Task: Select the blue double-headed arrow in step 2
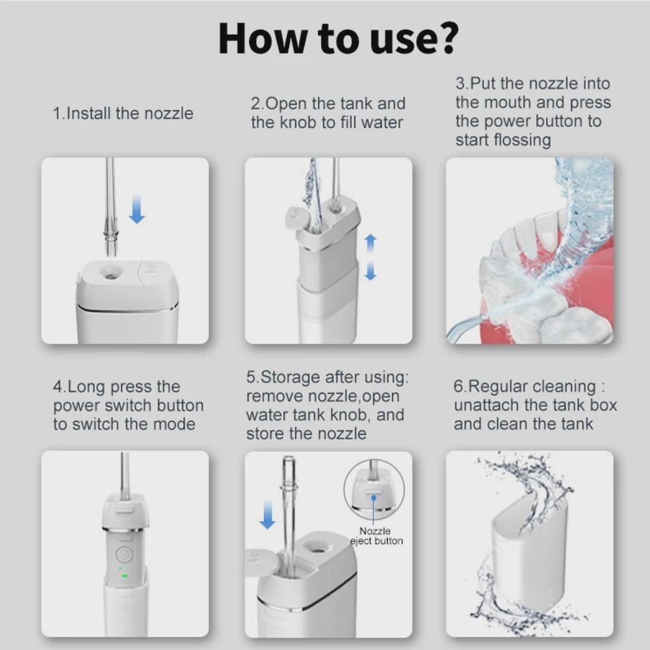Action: [x=370, y=257]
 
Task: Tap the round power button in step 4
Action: [x=123, y=553]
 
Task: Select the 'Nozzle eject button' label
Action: [x=376, y=536]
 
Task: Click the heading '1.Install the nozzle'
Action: [x=123, y=113]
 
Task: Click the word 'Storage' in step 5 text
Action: [x=291, y=377]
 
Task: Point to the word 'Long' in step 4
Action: [x=87, y=387]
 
